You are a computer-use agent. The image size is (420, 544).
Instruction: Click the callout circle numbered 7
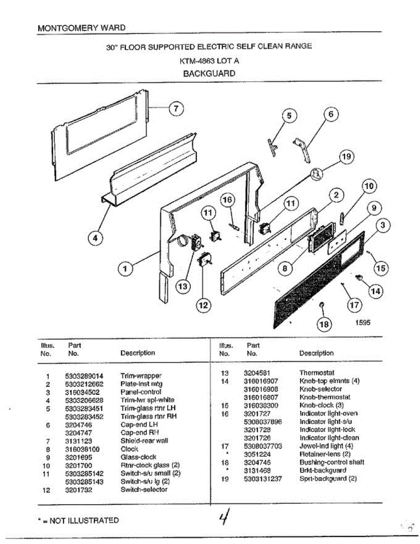[x=176, y=108]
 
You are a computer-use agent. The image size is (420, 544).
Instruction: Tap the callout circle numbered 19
[x=347, y=157]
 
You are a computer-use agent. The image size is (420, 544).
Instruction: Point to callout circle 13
[x=183, y=287]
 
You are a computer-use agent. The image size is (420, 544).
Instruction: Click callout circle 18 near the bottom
[x=325, y=324]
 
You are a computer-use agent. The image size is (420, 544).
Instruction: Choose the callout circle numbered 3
[x=383, y=225]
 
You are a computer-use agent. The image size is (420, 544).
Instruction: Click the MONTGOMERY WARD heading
[x=82, y=28]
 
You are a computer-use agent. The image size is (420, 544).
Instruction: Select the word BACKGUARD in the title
[x=209, y=73]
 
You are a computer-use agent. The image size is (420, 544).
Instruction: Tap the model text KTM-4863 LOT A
[x=209, y=60]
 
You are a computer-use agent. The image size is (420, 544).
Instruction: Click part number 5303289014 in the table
[x=84, y=376]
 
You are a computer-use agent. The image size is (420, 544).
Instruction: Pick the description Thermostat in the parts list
[x=317, y=373]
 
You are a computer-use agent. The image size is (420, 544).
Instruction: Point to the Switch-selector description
[x=144, y=490]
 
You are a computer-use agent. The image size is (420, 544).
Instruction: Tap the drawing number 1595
[x=362, y=323]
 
